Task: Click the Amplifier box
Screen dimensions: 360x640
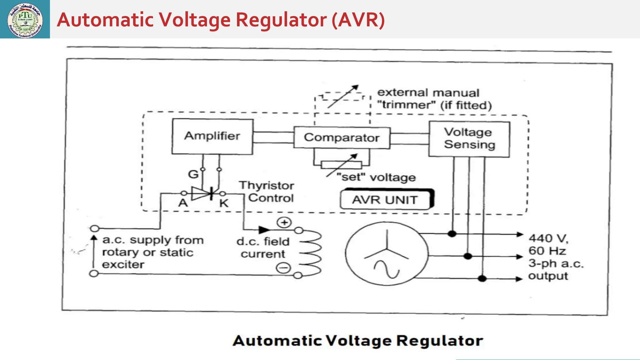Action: coord(212,136)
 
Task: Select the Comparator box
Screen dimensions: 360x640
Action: coord(342,137)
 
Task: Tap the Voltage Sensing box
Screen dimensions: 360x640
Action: coord(469,139)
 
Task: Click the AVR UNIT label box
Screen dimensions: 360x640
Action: coord(386,199)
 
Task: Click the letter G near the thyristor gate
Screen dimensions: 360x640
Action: coord(193,174)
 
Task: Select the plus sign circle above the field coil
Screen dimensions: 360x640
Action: coord(284,222)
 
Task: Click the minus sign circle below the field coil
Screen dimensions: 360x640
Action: coord(283,268)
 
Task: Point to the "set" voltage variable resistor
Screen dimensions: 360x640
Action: coord(341,164)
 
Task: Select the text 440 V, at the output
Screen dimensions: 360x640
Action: coord(548,238)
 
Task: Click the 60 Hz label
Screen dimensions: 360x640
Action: coord(547,251)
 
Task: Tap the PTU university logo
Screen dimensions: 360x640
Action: coord(25,19)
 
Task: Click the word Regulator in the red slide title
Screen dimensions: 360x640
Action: coord(281,20)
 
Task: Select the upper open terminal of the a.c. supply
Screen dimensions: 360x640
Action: coord(94,228)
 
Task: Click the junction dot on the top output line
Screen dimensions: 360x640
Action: coord(452,233)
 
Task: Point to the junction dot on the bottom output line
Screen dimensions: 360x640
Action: coord(482,278)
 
